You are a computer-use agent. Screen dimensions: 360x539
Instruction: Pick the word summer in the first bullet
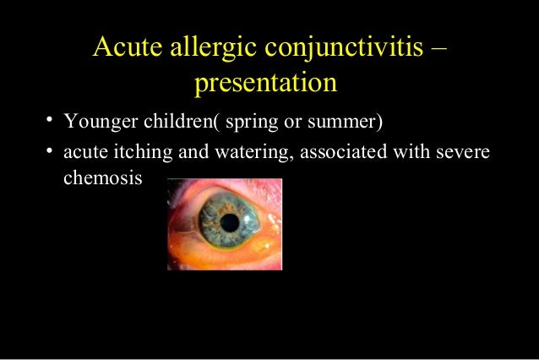(x=346, y=123)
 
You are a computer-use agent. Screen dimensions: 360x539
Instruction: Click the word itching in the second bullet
(x=135, y=153)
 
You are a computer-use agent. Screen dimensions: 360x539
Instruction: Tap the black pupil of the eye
(x=230, y=222)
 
